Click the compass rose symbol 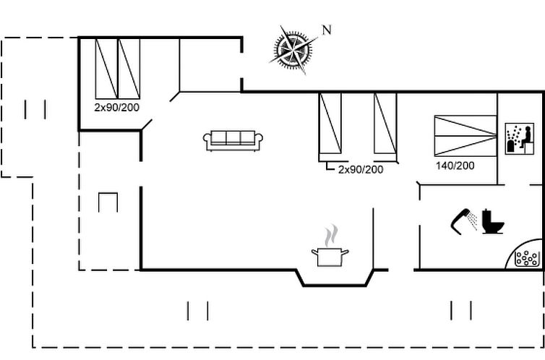coord(293,49)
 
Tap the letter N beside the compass coord(327,30)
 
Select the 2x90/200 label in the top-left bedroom coord(117,106)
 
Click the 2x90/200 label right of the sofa coord(361,169)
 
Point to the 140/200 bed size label coord(455,166)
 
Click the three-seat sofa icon coord(233,140)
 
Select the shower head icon coord(462,220)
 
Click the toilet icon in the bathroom coord(494,221)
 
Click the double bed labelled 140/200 coord(465,134)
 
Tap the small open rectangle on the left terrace coord(108,202)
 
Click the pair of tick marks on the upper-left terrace coord(35,109)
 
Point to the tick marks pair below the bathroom coord(461,310)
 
